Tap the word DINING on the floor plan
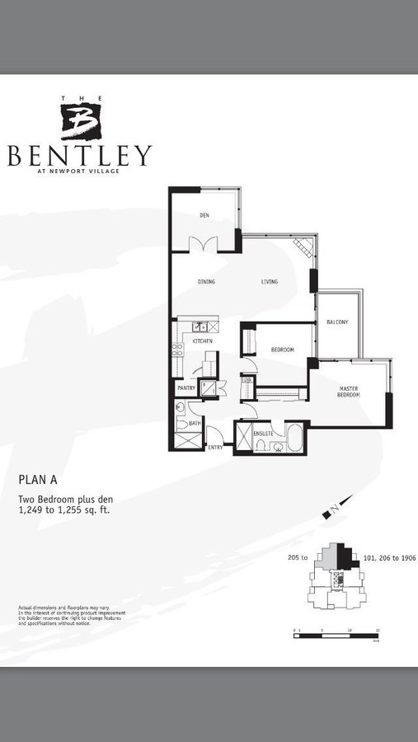pos(206,282)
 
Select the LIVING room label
pos(270,282)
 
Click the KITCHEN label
pos(203,340)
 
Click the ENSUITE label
pos(263,433)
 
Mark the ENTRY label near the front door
pos(214,447)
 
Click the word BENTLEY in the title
pos(80,155)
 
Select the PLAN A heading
pos(39,478)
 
